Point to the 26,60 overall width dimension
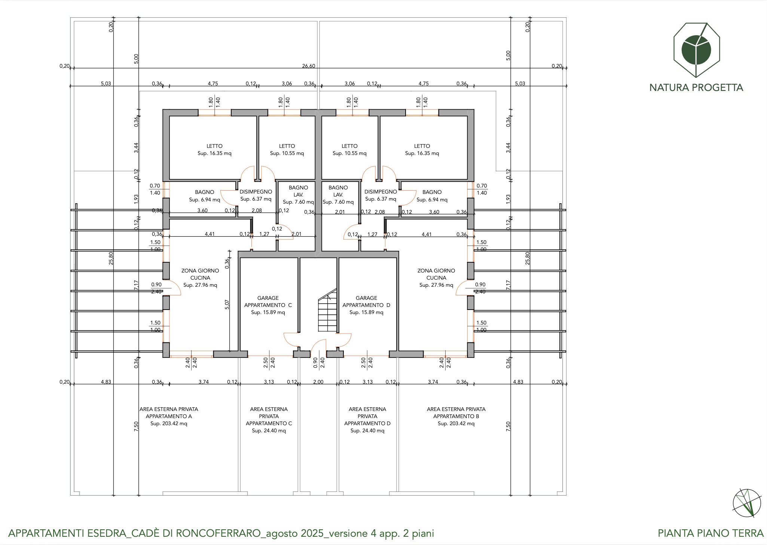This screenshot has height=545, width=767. (x=309, y=66)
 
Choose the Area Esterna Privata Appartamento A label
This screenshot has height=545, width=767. (x=168, y=413)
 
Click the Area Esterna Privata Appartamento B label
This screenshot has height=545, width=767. (x=456, y=413)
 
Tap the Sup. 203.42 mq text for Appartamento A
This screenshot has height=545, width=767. (x=169, y=424)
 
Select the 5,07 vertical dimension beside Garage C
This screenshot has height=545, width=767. (x=227, y=304)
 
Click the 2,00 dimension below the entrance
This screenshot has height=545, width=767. (x=318, y=382)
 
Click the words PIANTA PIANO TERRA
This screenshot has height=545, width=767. (x=711, y=533)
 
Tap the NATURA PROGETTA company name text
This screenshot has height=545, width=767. (x=696, y=88)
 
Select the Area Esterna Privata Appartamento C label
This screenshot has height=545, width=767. (x=269, y=416)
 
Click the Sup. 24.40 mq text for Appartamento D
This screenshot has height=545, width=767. (x=367, y=431)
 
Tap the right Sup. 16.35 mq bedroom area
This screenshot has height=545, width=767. (x=422, y=153)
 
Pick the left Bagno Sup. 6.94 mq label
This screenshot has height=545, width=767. (x=205, y=196)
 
